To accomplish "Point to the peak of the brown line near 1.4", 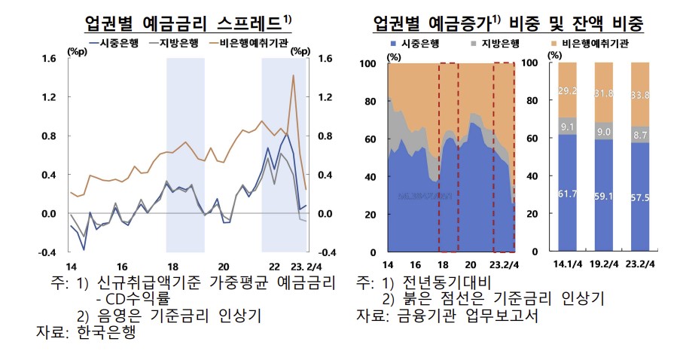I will click(293, 75).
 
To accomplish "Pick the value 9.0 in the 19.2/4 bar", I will click(603, 133).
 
